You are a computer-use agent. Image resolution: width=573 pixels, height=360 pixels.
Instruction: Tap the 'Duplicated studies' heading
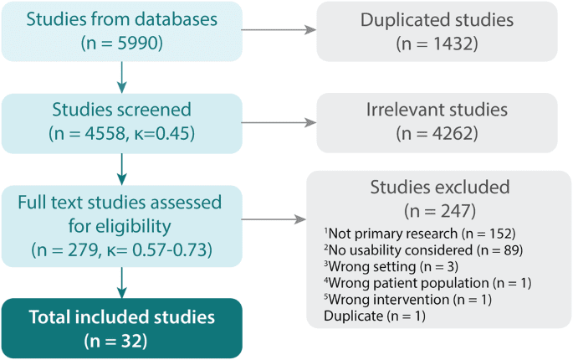click(x=437, y=19)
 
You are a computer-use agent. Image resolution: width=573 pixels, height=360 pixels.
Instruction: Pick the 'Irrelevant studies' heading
click(x=437, y=110)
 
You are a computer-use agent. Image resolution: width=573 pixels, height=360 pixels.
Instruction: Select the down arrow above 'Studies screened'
click(x=122, y=79)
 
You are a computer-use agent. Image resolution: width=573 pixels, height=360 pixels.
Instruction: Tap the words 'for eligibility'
click(x=120, y=226)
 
